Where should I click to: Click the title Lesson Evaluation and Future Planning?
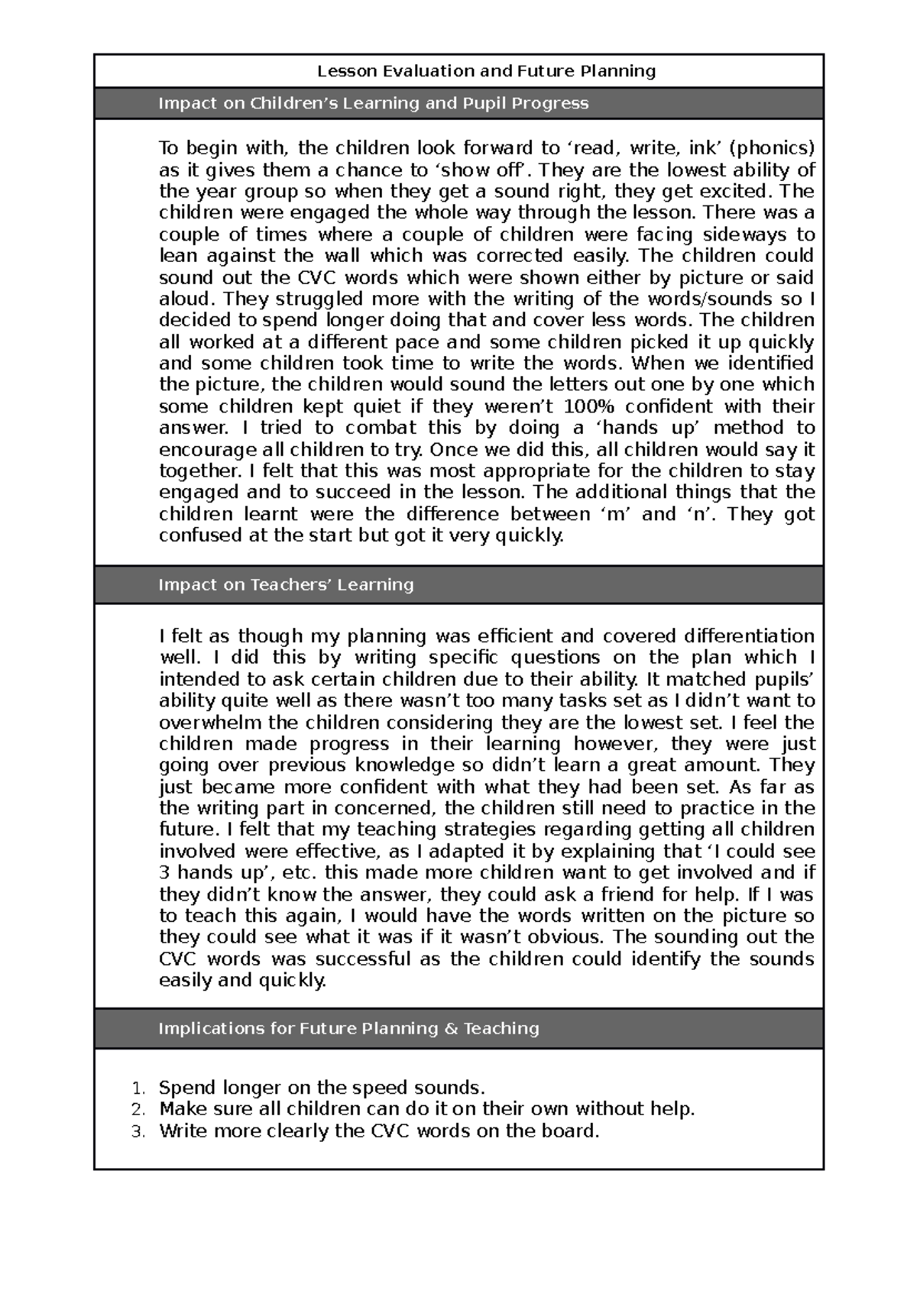487,71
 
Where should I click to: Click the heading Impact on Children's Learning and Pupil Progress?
373,103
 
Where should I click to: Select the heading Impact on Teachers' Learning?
286,584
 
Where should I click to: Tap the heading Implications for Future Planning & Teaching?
348,1028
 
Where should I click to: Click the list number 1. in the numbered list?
137,1088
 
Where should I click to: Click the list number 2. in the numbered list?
137,1109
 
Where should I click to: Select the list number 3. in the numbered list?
137,1131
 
